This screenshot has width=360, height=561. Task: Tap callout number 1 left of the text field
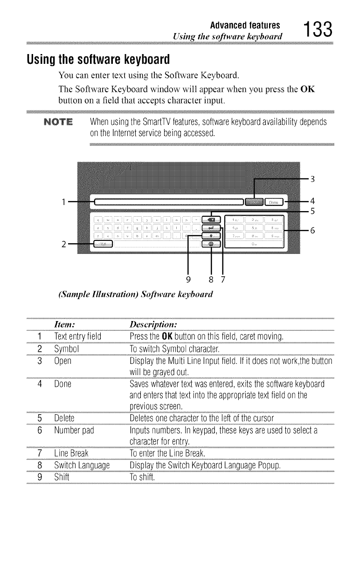point(62,202)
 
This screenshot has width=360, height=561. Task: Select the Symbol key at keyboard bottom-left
point(103,245)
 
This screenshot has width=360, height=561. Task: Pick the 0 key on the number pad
point(253,244)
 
